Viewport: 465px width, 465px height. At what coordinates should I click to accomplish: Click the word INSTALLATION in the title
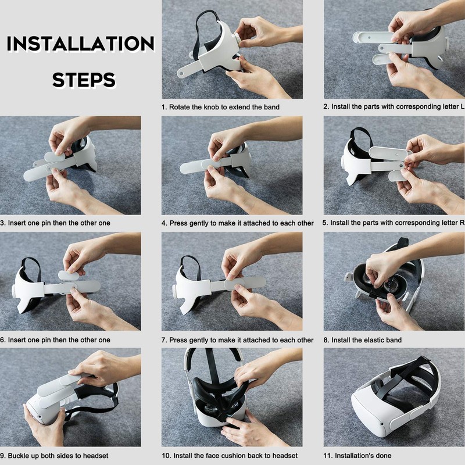click(80, 44)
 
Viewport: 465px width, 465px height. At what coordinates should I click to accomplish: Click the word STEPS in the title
click(84, 80)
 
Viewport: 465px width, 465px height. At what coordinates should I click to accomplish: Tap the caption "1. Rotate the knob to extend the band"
click(221, 107)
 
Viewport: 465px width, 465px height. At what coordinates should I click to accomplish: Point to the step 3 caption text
click(55, 223)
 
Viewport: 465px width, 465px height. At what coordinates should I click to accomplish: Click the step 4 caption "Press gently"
click(237, 223)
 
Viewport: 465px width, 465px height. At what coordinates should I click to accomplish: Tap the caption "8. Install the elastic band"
click(363, 340)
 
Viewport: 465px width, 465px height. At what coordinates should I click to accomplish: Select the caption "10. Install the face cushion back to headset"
click(230, 456)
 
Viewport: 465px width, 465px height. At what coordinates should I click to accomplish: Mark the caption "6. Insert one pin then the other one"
click(55, 340)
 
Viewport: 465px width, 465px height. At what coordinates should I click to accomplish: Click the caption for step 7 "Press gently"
click(237, 340)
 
